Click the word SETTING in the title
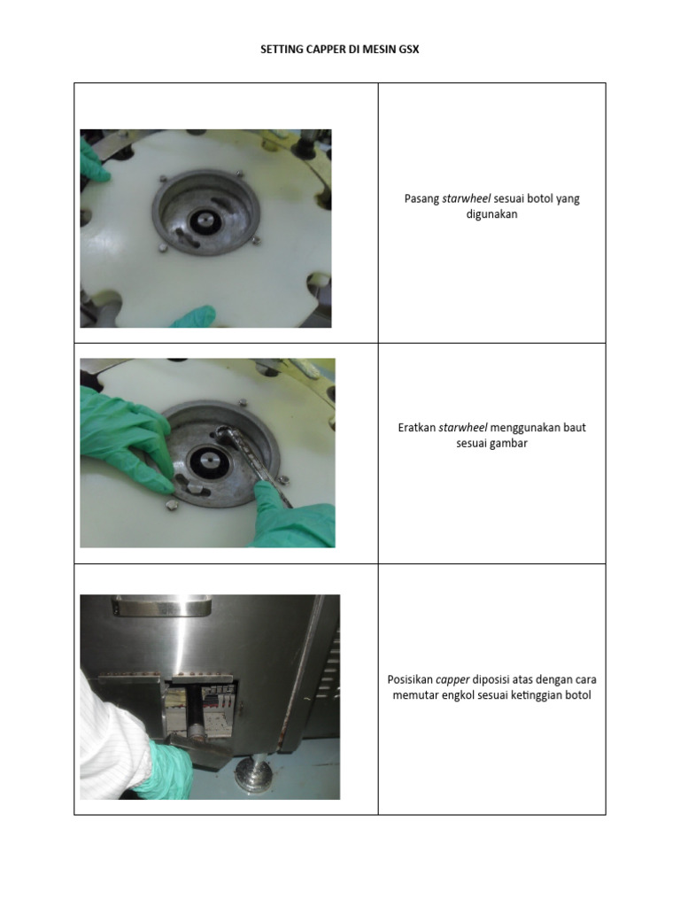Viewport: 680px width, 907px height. [x=281, y=50]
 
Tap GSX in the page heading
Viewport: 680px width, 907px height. [x=407, y=50]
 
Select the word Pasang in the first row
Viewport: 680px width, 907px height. [x=421, y=198]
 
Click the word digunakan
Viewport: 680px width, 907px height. [x=491, y=214]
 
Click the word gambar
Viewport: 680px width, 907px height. [x=507, y=443]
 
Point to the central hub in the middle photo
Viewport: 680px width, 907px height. [x=213, y=459]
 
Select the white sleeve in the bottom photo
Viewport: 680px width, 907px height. [x=111, y=735]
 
